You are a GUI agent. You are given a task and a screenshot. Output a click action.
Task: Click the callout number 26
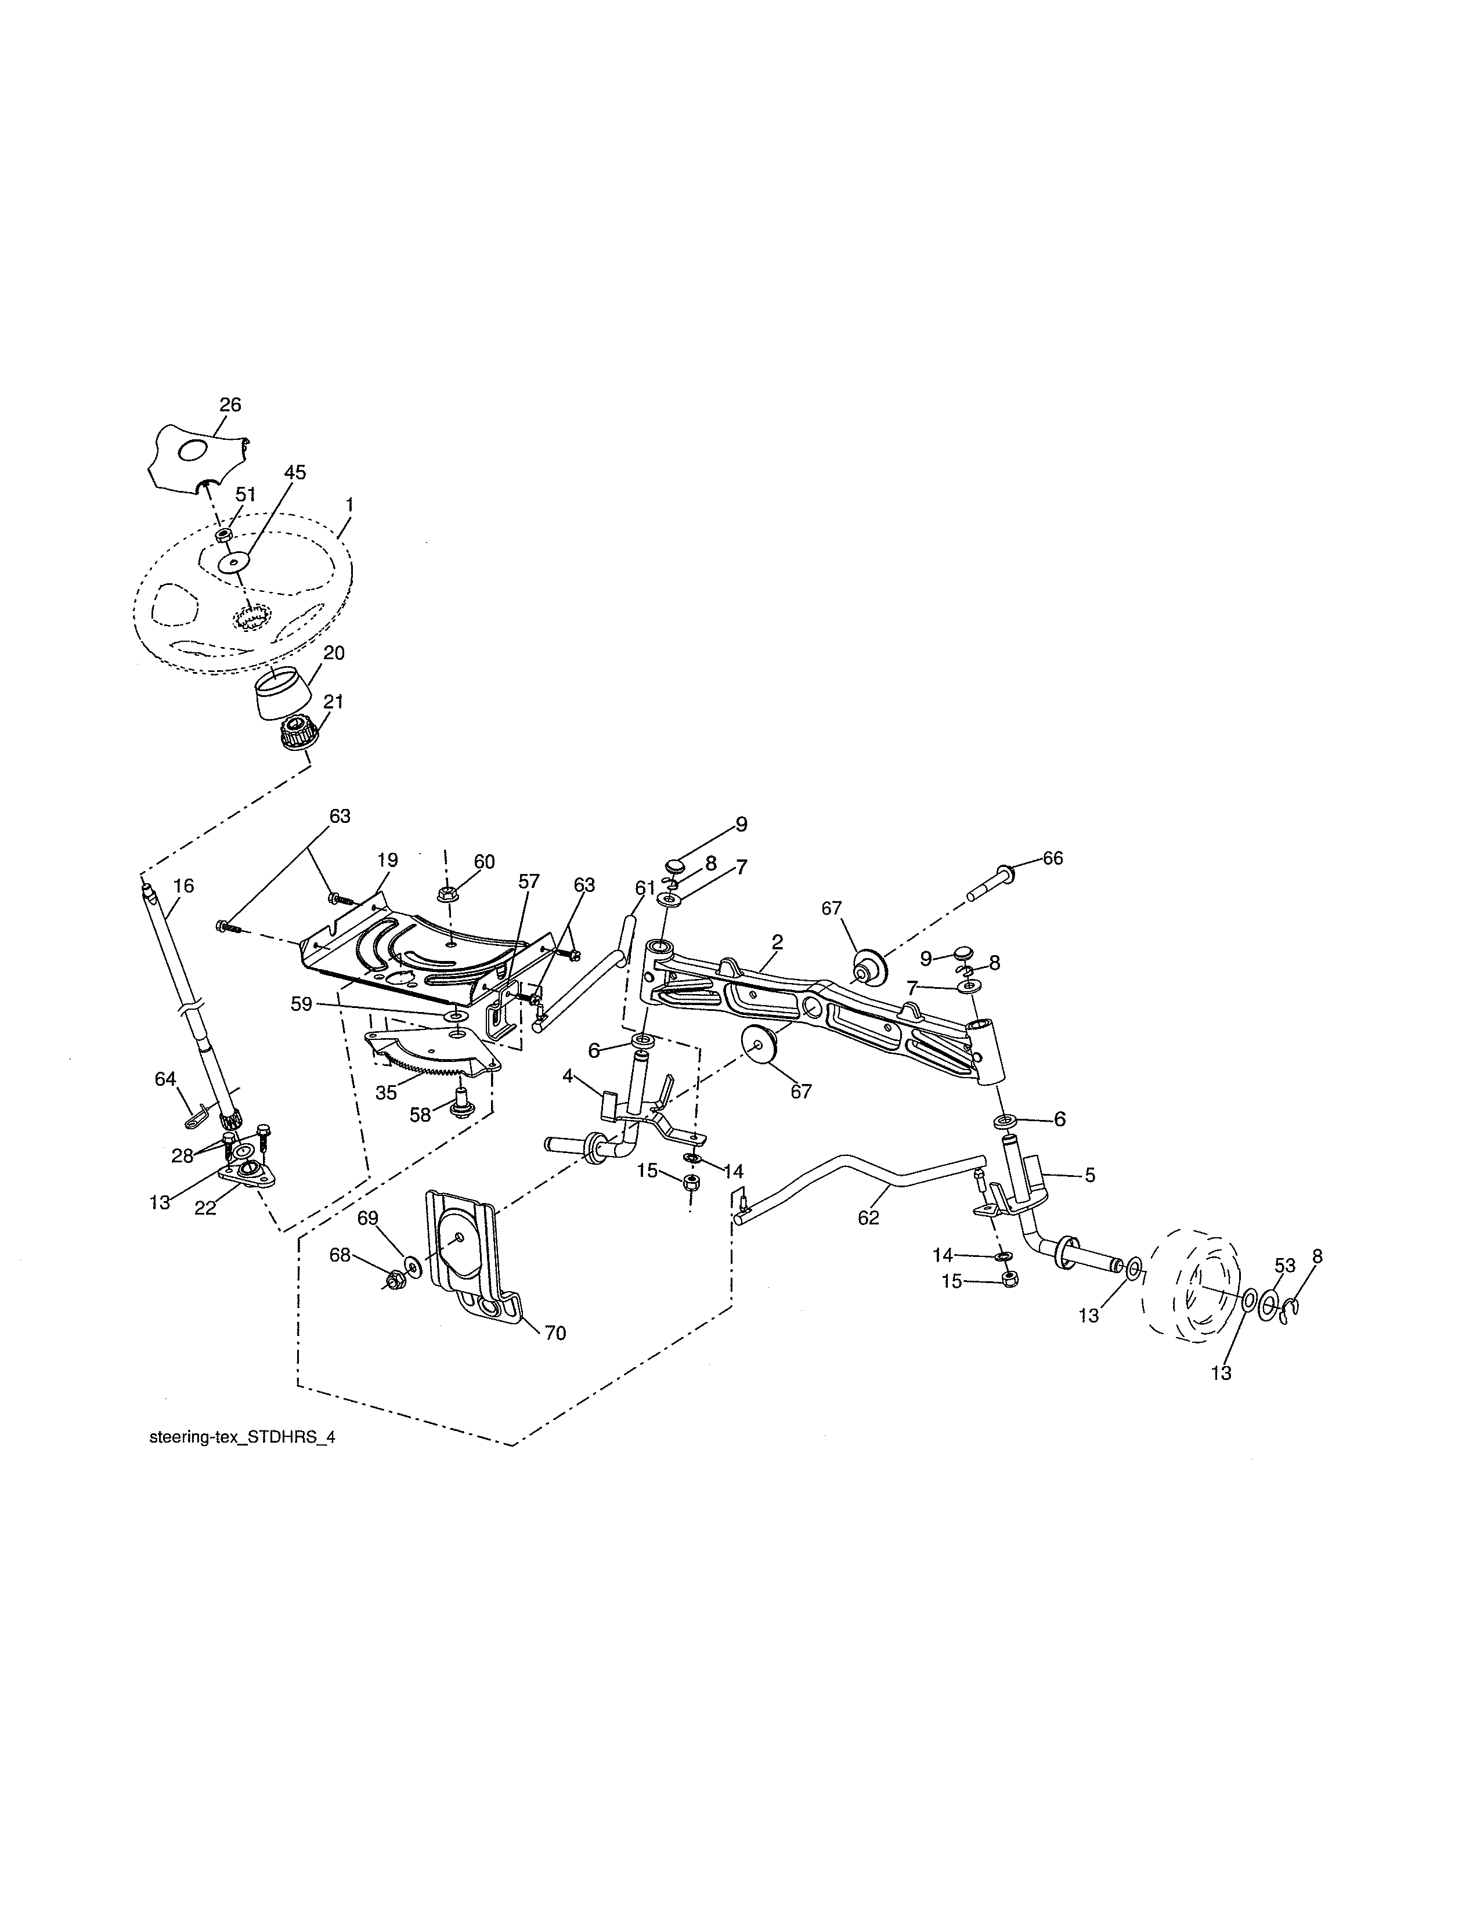[230, 405]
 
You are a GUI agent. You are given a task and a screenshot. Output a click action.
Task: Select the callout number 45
[295, 472]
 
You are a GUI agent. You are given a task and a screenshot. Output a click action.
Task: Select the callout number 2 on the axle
[777, 942]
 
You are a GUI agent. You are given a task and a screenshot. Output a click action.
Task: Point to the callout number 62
[868, 1218]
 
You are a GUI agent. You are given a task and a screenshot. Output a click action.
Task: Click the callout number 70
[555, 1334]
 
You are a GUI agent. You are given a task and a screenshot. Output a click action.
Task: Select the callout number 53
[1284, 1265]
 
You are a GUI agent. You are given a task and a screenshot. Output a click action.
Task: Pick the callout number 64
[166, 1079]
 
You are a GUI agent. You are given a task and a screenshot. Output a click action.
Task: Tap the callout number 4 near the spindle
[568, 1076]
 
